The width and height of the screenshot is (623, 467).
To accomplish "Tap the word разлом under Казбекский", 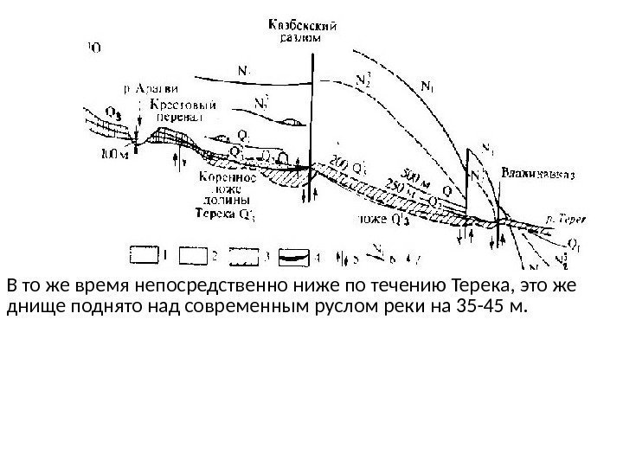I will point(302,38).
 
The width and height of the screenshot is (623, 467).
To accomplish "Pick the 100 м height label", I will point(115,155).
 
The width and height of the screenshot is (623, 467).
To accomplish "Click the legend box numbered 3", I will point(247,255).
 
